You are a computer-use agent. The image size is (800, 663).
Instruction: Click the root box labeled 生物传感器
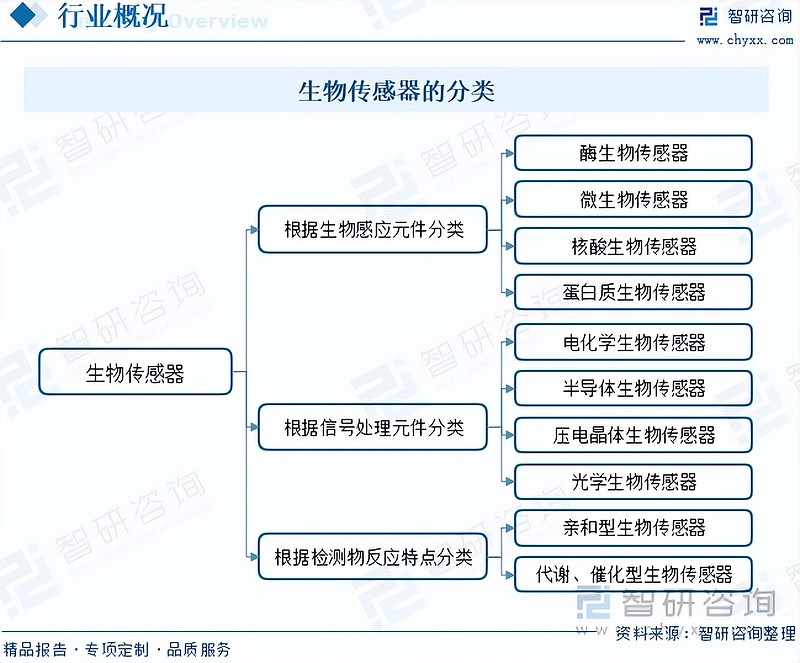[x=135, y=372]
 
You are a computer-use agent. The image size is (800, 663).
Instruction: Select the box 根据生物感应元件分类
[x=373, y=230]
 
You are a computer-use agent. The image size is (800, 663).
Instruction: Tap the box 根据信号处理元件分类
[x=373, y=427]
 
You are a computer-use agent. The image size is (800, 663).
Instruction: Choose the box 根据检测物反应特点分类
[x=373, y=556]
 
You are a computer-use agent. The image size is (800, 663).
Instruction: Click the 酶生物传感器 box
[x=633, y=153]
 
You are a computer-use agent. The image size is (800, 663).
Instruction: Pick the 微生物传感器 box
[x=633, y=199]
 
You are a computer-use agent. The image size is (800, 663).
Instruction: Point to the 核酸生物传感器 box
[x=633, y=246]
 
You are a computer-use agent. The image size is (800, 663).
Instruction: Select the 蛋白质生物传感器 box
[x=633, y=292]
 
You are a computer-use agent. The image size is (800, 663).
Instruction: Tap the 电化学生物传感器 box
[x=633, y=342]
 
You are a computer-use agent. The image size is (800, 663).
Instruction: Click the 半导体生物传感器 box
[x=633, y=388]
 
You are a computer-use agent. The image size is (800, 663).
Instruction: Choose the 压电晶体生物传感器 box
[x=633, y=435]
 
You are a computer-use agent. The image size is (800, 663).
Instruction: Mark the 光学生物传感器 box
[x=633, y=481]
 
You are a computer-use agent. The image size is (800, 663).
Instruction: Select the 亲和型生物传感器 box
[x=633, y=528]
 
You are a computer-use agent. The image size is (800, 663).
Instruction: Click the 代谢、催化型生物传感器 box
[x=633, y=574]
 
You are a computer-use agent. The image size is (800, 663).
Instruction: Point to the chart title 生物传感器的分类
[x=396, y=91]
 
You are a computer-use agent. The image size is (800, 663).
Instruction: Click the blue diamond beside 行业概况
[x=23, y=14]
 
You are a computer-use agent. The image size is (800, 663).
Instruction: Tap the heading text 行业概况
[x=113, y=15]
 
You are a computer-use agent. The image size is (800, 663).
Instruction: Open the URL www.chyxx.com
[x=745, y=40]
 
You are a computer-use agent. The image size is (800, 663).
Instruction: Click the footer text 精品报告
[x=35, y=649]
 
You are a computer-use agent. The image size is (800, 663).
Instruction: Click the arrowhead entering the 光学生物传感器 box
[x=510, y=481]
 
